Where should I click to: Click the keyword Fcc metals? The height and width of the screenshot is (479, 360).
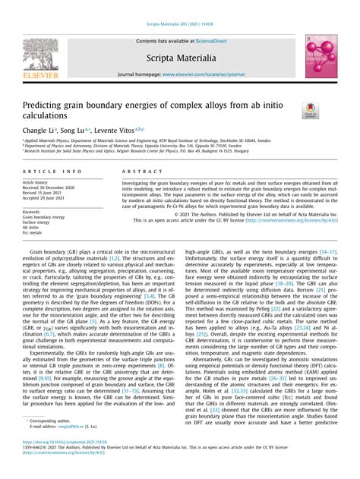pos(35,232)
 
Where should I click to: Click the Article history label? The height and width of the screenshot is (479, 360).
pos(36,183)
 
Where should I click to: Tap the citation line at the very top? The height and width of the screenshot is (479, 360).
pos(179,8)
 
